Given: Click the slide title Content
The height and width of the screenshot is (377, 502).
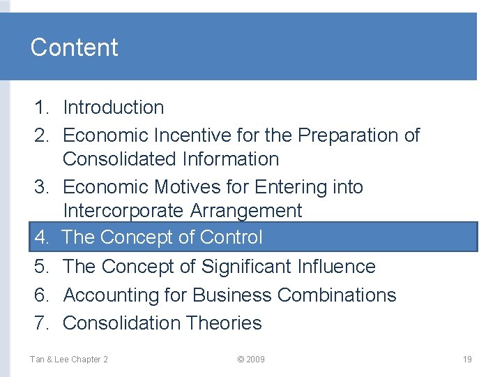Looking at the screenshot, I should tap(74, 47).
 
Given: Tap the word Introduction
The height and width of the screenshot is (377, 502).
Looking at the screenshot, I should tap(114, 108).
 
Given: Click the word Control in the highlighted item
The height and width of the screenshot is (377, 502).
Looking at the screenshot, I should tap(231, 237).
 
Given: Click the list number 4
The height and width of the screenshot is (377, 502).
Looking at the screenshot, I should tap(41, 237).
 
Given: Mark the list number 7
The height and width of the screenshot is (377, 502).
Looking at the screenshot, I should tap(41, 323).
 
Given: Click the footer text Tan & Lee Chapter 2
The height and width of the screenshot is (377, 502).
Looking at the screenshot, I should tap(68, 360).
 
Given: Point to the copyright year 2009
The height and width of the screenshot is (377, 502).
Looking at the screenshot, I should tap(256, 360).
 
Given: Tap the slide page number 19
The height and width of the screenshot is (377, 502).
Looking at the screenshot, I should tap(467, 360).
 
